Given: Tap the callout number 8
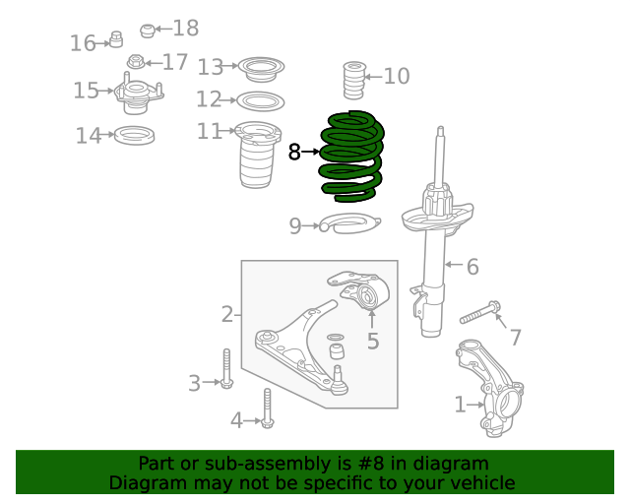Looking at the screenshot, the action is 294,153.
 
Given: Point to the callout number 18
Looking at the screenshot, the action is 186,29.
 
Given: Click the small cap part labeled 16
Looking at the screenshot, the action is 116,39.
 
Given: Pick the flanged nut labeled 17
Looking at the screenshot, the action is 136,61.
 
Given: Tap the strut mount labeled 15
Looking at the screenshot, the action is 138,94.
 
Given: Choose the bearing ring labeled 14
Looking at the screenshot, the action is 134,135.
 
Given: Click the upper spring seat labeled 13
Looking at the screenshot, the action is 261,69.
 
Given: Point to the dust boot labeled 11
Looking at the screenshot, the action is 256,155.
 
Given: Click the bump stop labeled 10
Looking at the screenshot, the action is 354,81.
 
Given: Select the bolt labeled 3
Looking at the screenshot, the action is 226,368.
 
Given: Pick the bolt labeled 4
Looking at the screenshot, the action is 267,408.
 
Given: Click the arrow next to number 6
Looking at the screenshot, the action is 454,265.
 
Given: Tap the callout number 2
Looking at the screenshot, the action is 227,314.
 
